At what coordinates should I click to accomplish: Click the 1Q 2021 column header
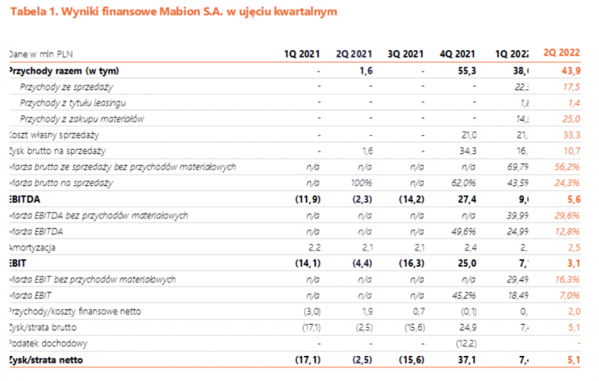point(303,54)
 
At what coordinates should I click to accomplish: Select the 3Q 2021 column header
point(406,54)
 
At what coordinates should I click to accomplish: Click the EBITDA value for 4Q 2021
point(468,197)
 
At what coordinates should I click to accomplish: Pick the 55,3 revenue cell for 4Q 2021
point(468,70)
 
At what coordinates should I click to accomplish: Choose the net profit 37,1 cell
point(468,358)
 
